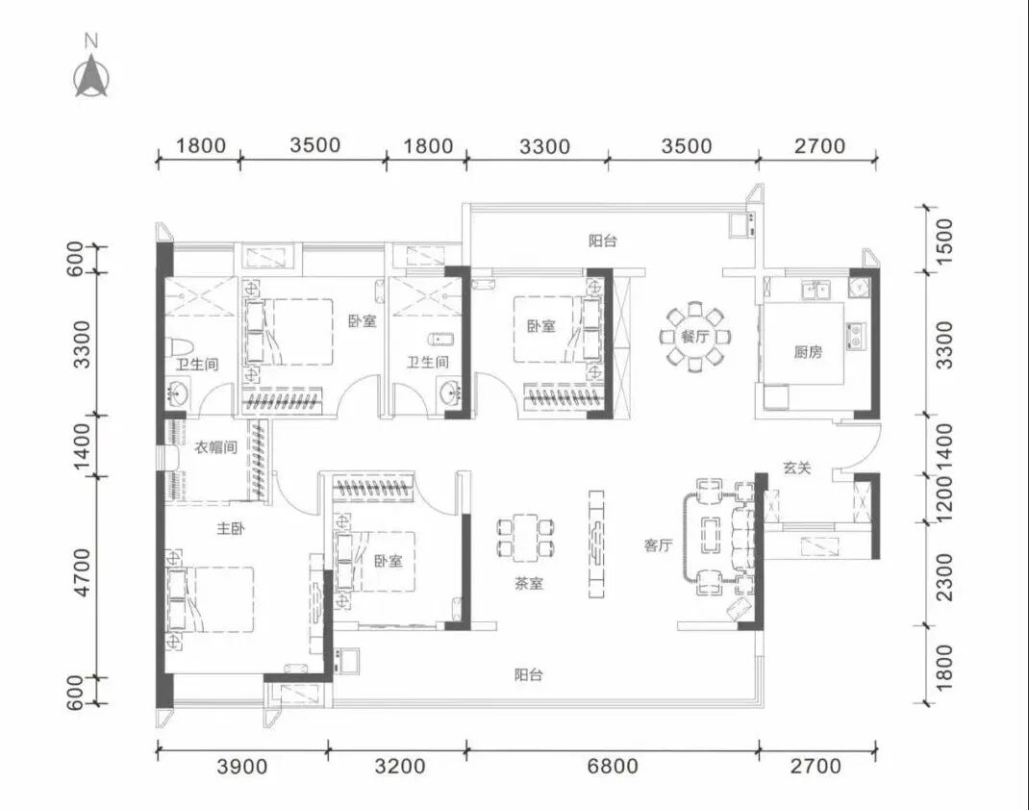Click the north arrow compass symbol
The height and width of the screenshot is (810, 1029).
(91, 77)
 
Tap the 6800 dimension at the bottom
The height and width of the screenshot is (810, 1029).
(613, 766)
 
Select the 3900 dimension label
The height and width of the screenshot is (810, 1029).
(242, 766)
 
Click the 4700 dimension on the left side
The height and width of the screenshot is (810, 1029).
(82, 573)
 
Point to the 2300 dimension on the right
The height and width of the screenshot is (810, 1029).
(943, 577)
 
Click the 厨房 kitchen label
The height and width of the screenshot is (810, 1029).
(808, 352)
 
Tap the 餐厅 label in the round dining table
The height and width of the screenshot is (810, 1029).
(695, 338)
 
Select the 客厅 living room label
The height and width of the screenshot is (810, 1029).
(658, 544)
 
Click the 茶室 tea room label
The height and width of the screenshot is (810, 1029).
(529, 583)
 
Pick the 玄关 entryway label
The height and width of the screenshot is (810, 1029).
(796, 468)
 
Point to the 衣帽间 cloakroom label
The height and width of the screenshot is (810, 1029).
(216, 447)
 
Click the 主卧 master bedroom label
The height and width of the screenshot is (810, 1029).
(231, 528)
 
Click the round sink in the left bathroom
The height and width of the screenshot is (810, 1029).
(177, 394)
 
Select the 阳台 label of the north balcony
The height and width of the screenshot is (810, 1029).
(602, 240)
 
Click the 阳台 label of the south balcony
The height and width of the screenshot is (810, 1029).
(529, 674)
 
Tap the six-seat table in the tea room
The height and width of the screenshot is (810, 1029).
(526, 539)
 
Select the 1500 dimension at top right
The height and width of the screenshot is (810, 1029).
(943, 240)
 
